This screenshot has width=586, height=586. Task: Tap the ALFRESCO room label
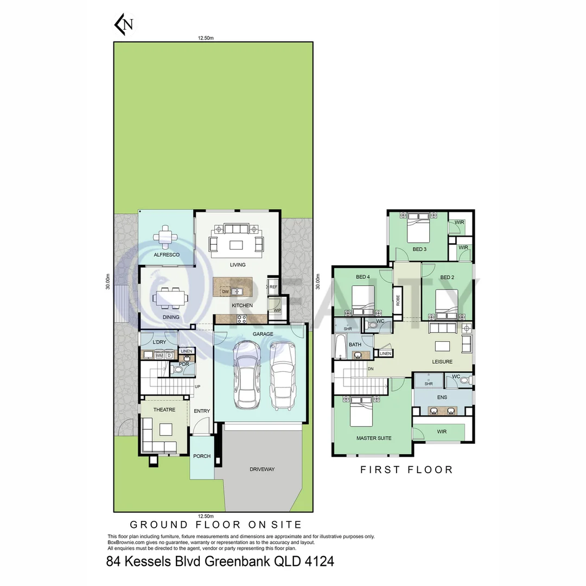[167, 254]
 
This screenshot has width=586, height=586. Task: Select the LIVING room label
[238, 265]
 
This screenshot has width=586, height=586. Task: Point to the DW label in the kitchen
[225, 292]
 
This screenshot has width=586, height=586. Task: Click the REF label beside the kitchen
[273, 287]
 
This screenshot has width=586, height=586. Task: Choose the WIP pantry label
[277, 310]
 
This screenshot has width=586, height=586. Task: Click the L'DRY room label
[159, 342]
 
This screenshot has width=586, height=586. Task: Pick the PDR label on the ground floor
[183, 365]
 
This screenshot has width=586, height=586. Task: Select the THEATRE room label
[164, 410]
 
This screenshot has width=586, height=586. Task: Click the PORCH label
[202, 456]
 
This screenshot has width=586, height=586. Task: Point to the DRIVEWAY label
[262, 469]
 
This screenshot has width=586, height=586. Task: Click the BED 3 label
[420, 250]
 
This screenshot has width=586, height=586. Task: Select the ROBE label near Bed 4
[398, 301]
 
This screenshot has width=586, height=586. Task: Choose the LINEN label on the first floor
[385, 354]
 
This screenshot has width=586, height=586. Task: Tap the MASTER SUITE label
[374, 438]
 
